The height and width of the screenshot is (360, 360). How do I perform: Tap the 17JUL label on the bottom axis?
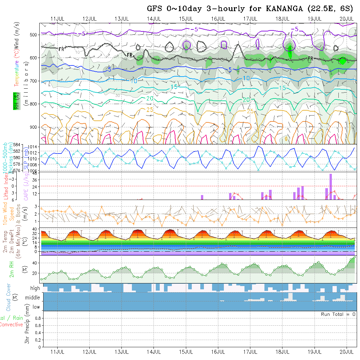pos(250,352)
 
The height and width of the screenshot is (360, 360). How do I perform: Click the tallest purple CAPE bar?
pos(331,186)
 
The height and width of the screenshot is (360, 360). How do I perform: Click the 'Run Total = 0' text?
pos(338,314)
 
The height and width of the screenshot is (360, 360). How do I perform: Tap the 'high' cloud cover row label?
pos(35,288)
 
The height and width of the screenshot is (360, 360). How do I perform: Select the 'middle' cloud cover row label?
pos(32,297)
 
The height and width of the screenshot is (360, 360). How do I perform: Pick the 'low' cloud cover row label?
pos(36,307)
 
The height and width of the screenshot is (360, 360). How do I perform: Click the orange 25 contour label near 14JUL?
pos(150,110)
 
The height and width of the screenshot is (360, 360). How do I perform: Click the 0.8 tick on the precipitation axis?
pos(37,318)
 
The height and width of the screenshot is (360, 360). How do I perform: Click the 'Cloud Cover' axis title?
pos(9,297)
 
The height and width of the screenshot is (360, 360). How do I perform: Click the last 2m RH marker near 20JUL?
pos(354,257)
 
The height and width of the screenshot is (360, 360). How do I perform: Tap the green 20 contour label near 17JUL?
pos(246,99)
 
